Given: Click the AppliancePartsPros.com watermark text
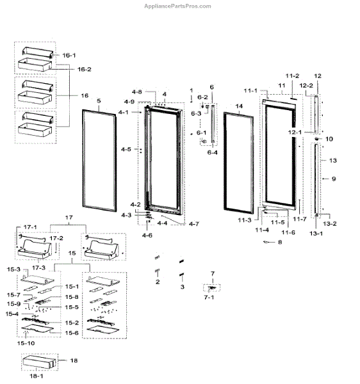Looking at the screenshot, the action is [177, 6].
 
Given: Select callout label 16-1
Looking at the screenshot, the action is [69, 55].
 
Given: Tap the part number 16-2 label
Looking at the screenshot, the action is [85, 69].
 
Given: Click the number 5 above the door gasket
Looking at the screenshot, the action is [99, 100].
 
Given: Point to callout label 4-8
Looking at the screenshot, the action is [136, 92].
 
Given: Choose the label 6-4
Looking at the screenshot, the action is [212, 152].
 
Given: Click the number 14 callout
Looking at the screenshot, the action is [239, 106].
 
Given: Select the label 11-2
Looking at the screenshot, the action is [292, 76].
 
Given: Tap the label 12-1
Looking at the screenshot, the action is [295, 132].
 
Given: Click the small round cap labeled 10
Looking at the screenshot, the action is [317, 139].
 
